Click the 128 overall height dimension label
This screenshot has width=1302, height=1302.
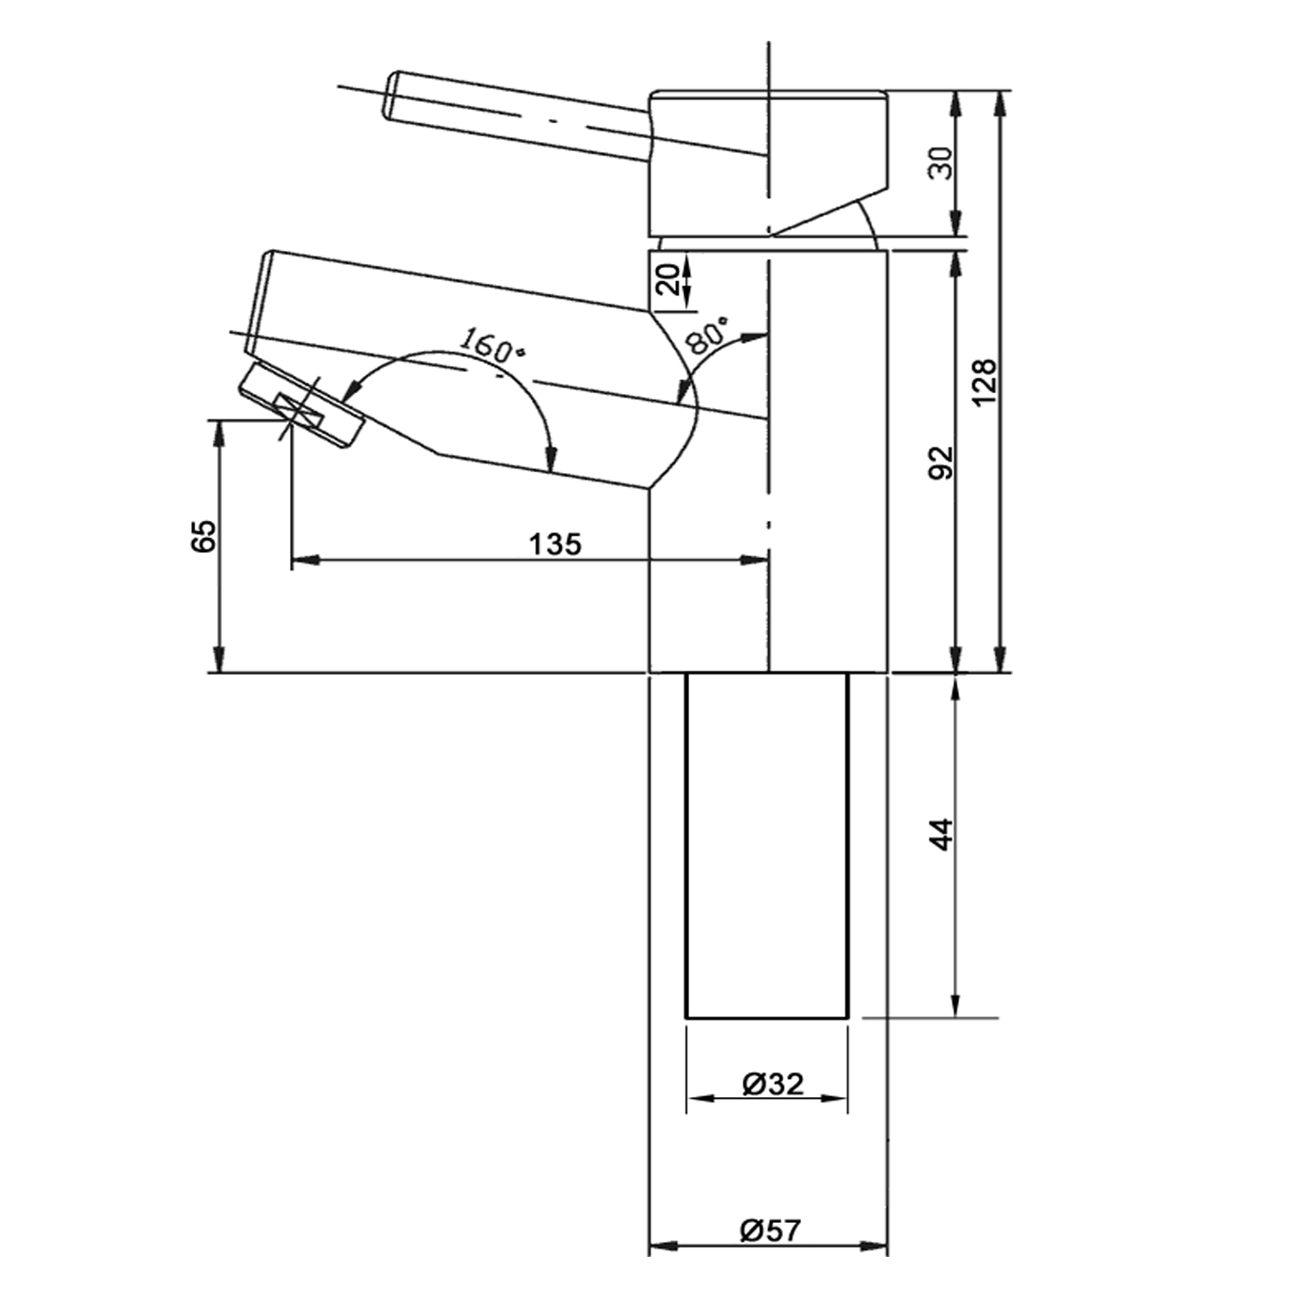coord(983,382)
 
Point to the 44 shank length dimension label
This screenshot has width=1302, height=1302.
coord(942,833)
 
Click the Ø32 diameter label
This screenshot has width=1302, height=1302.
coord(773,1083)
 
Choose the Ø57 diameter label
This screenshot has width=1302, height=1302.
coord(771,1230)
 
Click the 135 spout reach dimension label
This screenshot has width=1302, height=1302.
coord(556,544)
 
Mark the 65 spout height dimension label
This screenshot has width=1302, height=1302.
coord(205,536)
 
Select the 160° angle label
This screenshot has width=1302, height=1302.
coord(491,345)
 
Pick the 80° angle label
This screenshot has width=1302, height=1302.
coord(707,335)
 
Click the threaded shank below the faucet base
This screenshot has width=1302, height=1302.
coord(767,846)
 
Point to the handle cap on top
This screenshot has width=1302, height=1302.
coord(768,161)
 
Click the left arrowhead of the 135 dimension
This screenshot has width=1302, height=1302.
coord(299,561)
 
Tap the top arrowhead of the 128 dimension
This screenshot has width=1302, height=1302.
coord(1001,99)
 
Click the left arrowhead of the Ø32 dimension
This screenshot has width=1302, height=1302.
coord(695,1099)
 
